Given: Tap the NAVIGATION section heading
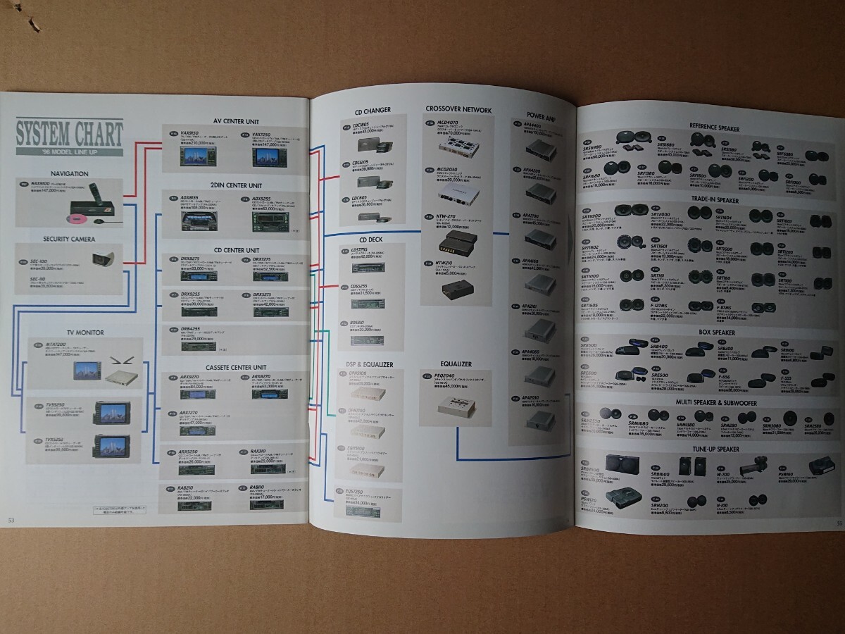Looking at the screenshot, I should pos(70,173).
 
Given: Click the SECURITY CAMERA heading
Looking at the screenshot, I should pos(70,238).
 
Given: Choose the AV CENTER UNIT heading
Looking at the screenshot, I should pos(237,120).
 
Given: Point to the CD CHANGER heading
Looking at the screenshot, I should pos(373,110).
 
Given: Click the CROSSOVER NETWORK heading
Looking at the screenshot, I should pos(458,110).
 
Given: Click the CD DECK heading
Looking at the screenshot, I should pos(370,239).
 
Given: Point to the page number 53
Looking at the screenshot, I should pos(11,520).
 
